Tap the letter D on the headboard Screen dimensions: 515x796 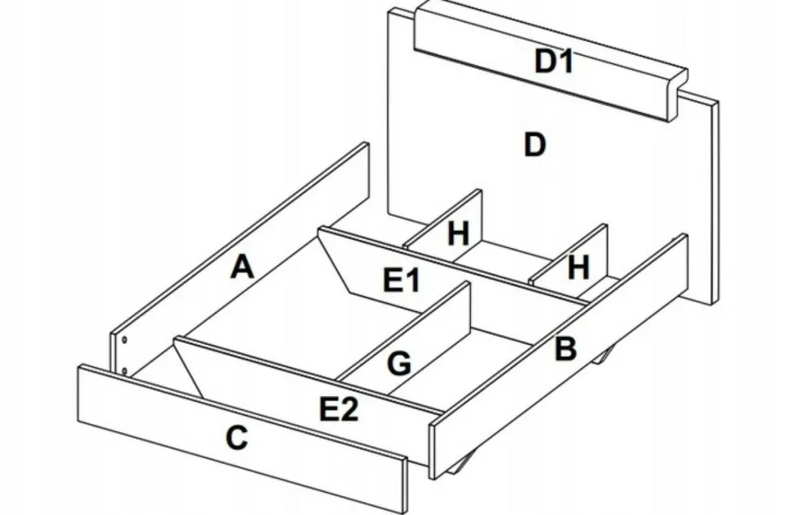click(534, 145)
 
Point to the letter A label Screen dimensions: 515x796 click(241, 267)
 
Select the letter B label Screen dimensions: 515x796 click(565, 349)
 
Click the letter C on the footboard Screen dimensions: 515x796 click(236, 439)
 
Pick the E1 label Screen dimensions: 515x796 click(402, 282)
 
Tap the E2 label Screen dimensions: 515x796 click(338, 408)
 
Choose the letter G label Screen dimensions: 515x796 click(399, 363)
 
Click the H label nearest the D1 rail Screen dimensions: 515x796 click(458, 235)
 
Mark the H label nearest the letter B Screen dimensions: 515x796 click(579, 267)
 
